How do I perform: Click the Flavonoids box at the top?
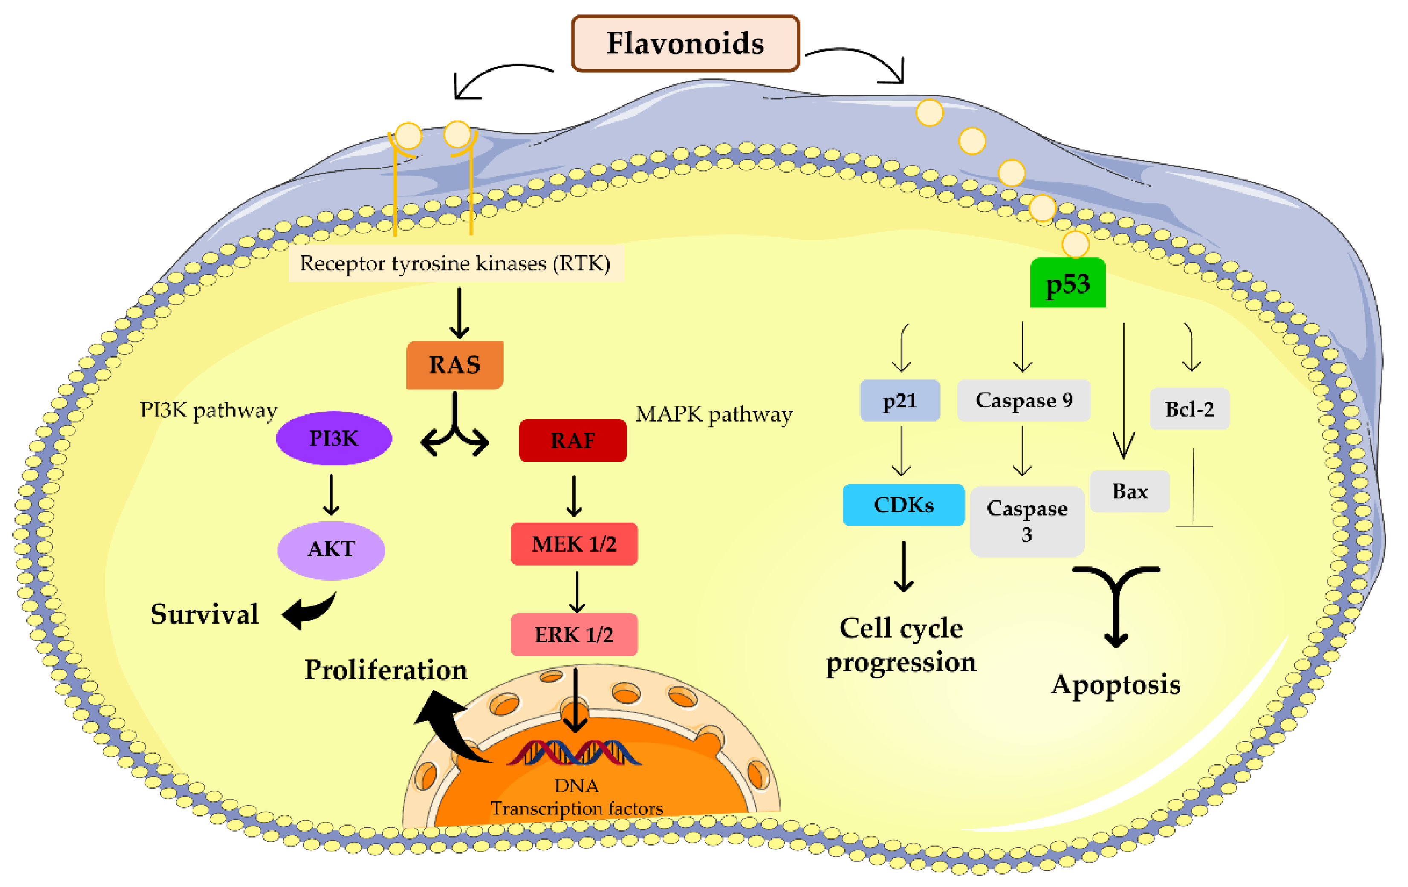[x=685, y=44]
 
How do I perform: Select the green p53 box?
[x=1068, y=283]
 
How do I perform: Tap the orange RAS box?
[x=455, y=365]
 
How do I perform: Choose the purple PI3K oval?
[x=334, y=439]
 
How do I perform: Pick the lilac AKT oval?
[x=331, y=549]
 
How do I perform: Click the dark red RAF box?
[x=573, y=440]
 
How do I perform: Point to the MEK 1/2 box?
[x=574, y=544]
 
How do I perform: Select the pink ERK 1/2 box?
[x=574, y=634]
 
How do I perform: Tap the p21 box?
[x=900, y=401]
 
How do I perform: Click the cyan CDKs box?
[x=904, y=505]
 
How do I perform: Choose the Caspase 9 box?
[x=1024, y=401]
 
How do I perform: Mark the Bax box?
[x=1130, y=491]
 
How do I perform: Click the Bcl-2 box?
[x=1190, y=409]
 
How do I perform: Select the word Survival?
[x=205, y=614]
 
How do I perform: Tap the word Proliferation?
[x=387, y=670]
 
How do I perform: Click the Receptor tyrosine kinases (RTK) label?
[x=456, y=263]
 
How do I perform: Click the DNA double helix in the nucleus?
[x=574, y=752]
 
